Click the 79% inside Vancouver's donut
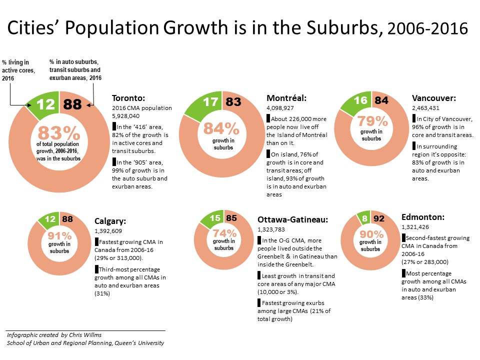(x=371, y=121)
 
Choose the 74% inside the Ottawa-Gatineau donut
(x=223, y=232)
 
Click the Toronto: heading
(x=128, y=98)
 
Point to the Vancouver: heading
(x=433, y=98)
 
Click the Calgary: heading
(x=110, y=221)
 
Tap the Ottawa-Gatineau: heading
(x=292, y=219)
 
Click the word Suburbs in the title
(x=341, y=28)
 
